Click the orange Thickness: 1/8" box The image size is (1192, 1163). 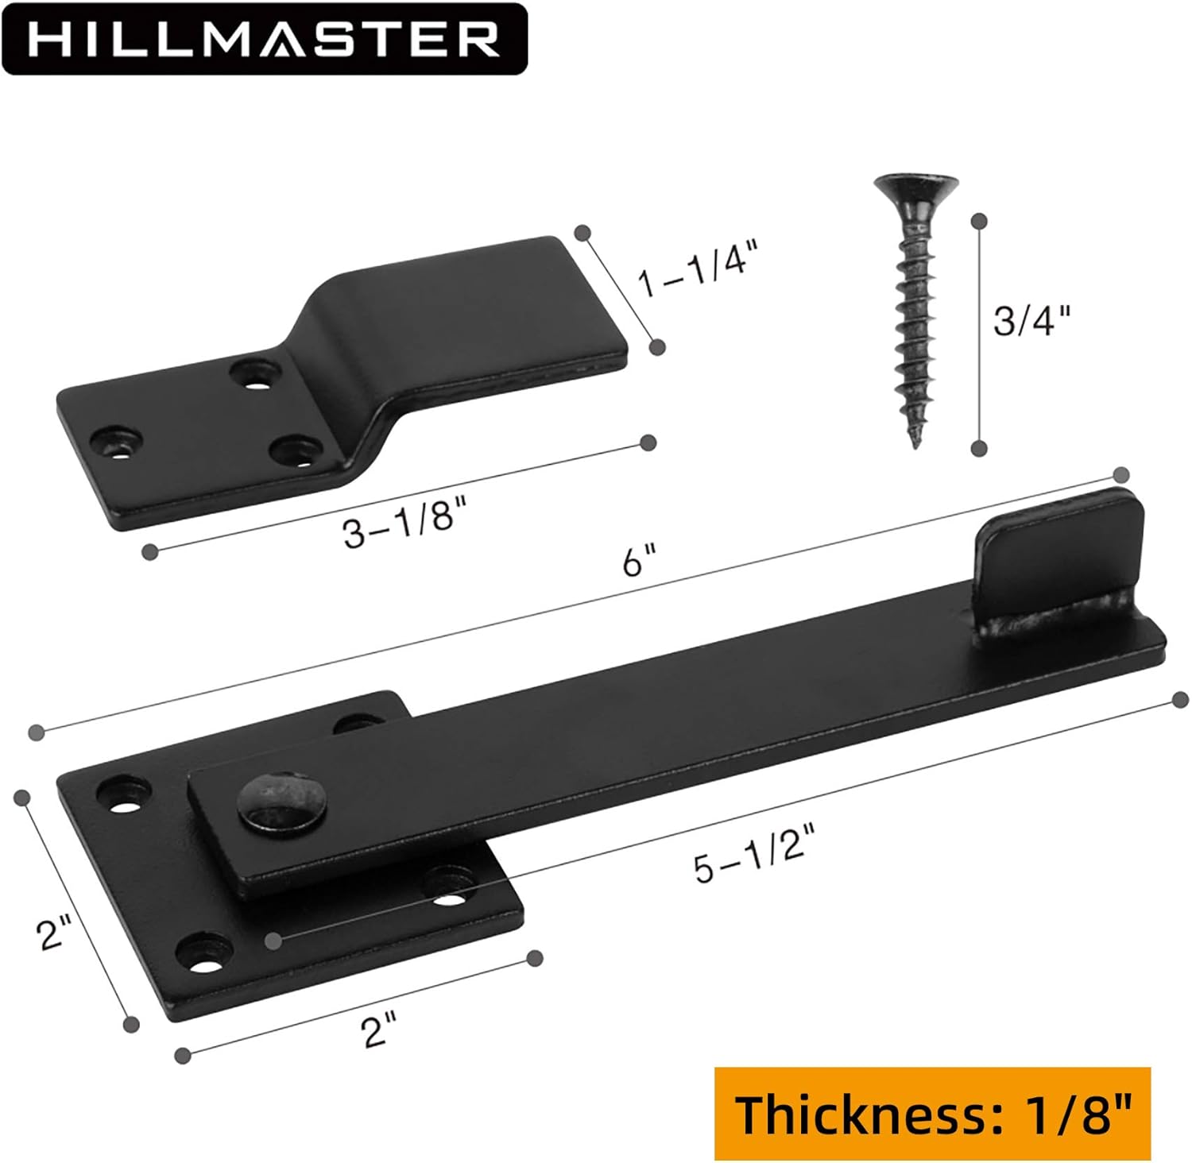coord(932,1114)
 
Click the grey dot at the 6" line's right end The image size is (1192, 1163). coord(1120,475)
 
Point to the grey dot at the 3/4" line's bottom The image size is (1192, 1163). coord(980,448)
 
